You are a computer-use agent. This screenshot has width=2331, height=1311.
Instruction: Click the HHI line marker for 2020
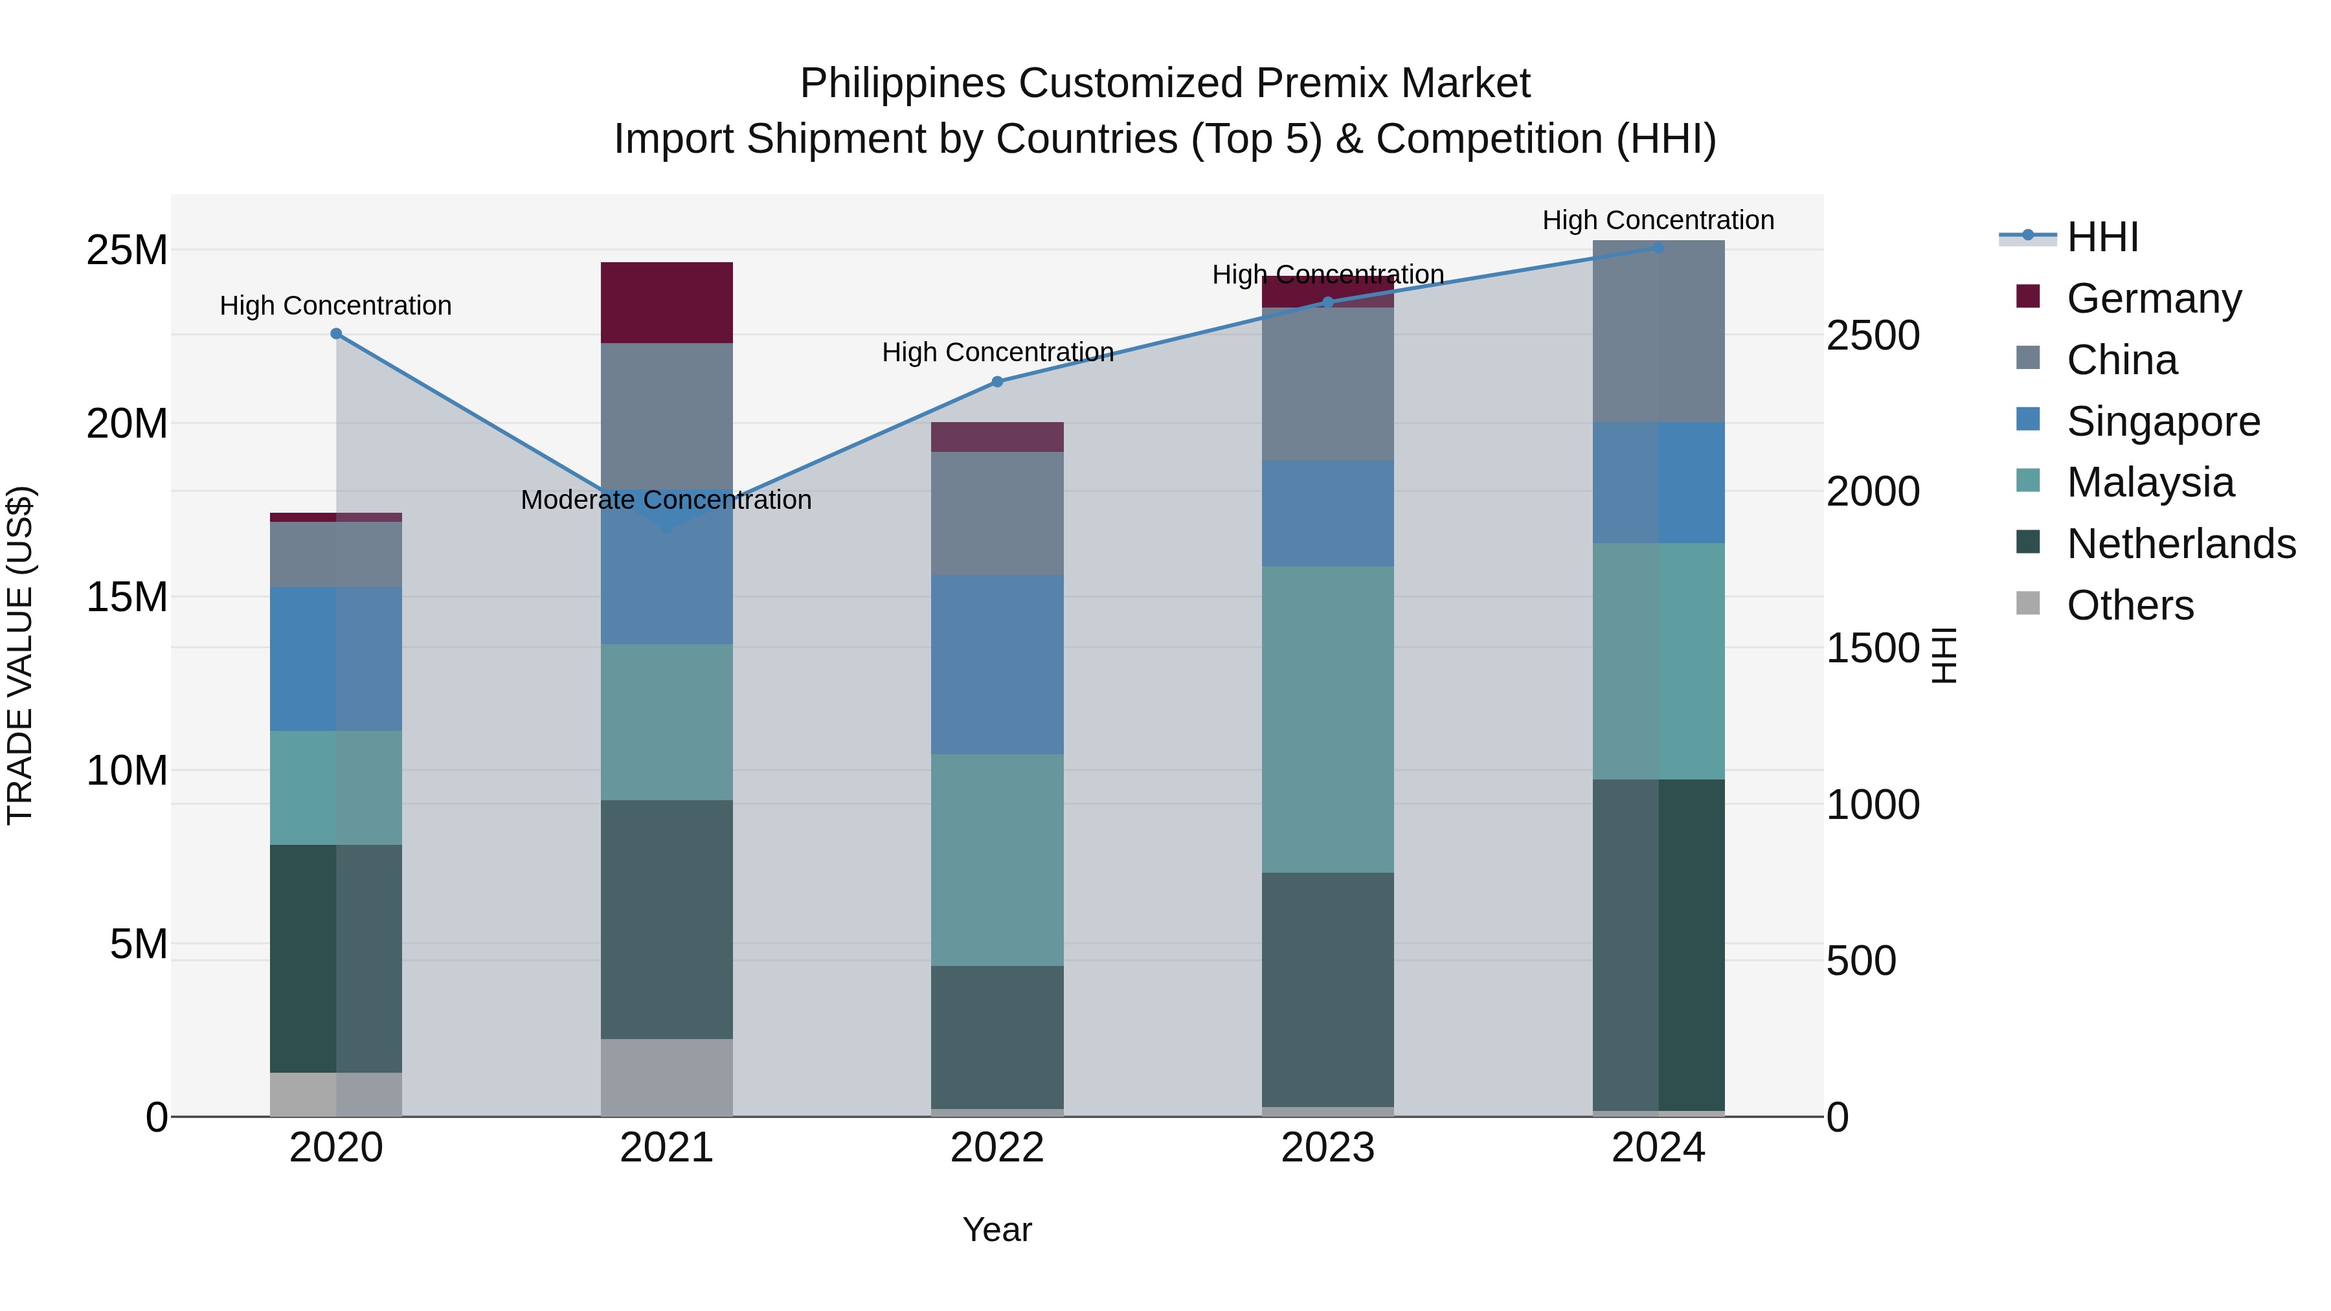pyautogui.click(x=335, y=334)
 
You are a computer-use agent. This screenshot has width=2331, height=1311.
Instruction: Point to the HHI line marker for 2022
pyautogui.click(x=997, y=382)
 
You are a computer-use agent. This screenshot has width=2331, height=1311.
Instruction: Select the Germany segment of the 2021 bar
pyautogui.click(x=667, y=302)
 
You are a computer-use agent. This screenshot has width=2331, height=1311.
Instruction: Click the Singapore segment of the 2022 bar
pyautogui.click(x=997, y=664)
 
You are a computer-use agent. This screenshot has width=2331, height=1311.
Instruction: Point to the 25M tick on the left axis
pyautogui.click(x=127, y=251)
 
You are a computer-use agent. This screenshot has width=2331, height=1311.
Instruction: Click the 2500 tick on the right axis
pyautogui.click(x=1872, y=335)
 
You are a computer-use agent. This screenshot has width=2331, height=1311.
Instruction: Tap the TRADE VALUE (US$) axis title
pyautogui.click(x=20, y=655)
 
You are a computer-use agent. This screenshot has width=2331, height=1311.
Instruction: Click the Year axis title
pyautogui.click(x=997, y=1229)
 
